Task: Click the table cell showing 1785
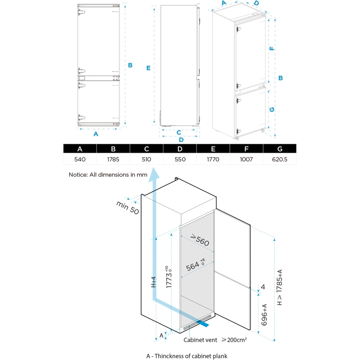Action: [x=113, y=159]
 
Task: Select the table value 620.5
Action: [x=280, y=159]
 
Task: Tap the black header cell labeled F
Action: [x=246, y=149]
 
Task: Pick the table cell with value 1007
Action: [x=246, y=159]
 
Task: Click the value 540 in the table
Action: [x=80, y=159]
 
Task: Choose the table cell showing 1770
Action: [x=213, y=159]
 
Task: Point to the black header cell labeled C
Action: [x=147, y=149]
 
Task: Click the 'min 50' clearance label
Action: [x=127, y=208]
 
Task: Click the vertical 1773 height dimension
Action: [x=169, y=277]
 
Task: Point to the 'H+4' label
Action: [x=153, y=282]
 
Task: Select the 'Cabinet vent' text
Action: [x=200, y=339]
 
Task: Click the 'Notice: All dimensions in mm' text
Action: [x=108, y=175]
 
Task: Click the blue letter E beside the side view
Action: [x=148, y=68]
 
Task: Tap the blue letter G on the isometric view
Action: [x=272, y=109]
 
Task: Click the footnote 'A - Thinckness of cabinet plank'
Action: [x=187, y=356]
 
